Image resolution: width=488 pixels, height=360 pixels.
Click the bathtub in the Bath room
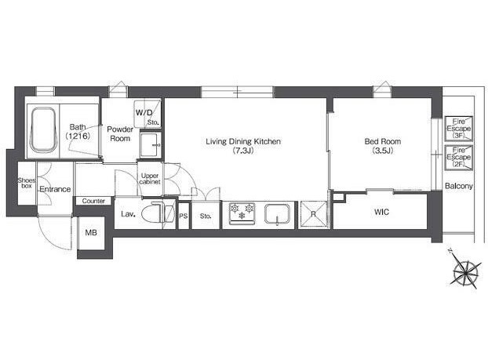point(44,130)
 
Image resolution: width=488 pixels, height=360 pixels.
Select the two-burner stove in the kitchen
point(242,213)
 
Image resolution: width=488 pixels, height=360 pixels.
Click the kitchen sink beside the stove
point(277,214)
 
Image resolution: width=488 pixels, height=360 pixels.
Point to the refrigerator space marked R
point(313,215)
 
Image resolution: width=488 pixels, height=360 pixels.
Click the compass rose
point(464,271)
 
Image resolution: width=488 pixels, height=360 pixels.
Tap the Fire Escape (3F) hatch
point(458,129)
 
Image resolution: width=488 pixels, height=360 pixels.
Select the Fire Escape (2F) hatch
point(458,158)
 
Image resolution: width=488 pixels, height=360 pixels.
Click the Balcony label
point(459,186)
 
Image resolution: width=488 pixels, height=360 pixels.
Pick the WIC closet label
point(381,212)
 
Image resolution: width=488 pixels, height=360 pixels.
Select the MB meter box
point(91,233)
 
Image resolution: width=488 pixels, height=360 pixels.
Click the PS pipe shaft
point(184,216)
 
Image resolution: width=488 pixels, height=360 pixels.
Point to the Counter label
point(93,201)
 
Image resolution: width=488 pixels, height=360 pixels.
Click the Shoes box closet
point(27,183)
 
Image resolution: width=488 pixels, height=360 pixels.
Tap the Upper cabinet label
point(150,179)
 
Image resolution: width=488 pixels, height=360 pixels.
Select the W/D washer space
point(147,113)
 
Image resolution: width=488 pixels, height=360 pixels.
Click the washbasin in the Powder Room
point(151,145)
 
